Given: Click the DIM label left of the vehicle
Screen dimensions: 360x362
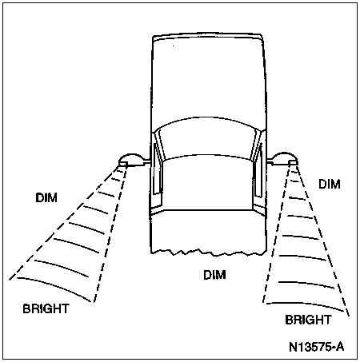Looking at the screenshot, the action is point(46,197).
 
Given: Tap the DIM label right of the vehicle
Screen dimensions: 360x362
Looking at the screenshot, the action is point(330,184).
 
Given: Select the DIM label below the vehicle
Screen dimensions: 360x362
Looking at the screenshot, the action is point(214,275).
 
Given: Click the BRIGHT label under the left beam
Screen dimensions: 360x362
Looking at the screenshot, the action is point(46,308).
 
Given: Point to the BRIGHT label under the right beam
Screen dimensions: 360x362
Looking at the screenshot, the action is point(308,320).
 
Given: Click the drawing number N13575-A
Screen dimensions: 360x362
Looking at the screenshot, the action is point(317,347).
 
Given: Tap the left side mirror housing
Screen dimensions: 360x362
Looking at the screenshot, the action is point(130,160).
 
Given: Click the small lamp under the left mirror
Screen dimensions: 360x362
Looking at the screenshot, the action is point(123,164).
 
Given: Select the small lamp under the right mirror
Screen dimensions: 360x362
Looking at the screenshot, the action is point(293,163).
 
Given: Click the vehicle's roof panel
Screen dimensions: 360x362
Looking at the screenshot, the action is point(207,80).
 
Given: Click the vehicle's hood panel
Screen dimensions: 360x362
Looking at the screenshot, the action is point(207,184).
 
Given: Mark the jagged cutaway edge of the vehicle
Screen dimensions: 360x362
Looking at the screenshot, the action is point(209,253).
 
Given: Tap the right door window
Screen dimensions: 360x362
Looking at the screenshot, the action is point(258,170).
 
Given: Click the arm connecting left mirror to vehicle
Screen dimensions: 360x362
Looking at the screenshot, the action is point(146,161).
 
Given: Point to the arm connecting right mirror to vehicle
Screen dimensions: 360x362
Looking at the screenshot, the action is point(270,161).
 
